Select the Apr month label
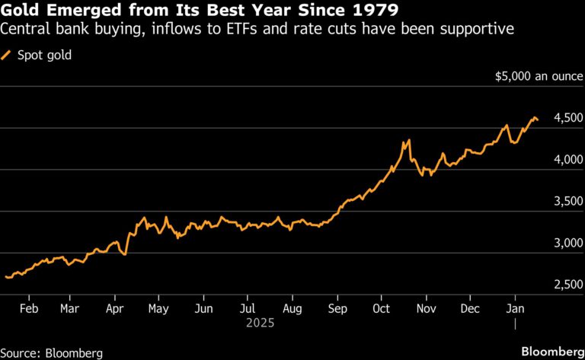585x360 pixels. pos(114,309)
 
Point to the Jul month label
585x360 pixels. pos(248,309)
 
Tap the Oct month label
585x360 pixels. pos(382,309)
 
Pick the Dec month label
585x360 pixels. pos(470,309)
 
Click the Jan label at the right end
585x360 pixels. pos(515,309)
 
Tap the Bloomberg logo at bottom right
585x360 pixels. pos(548,351)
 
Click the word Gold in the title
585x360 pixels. pos(22,11)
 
